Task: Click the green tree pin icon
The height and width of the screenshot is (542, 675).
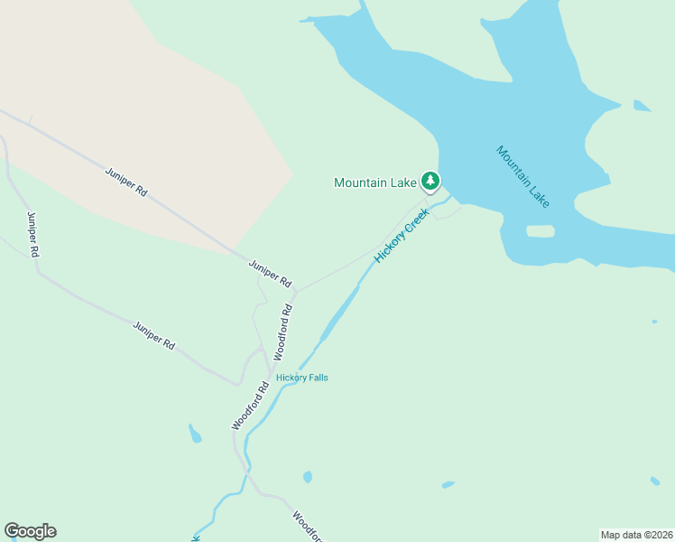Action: tap(431, 182)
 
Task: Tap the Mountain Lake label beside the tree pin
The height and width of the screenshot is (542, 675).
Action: tap(374, 182)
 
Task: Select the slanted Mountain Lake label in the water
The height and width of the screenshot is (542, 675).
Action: tap(522, 176)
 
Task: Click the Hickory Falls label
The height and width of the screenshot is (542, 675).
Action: tap(302, 378)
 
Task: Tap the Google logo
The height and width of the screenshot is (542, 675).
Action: tap(30, 531)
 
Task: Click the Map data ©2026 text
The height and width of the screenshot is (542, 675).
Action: tap(636, 534)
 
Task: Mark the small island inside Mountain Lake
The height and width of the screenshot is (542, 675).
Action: tap(540, 231)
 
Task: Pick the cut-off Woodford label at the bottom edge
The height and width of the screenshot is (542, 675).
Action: tap(308, 526)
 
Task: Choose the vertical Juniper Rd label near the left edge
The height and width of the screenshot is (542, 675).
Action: tap(33, 235)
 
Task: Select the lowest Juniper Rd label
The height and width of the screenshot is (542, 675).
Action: tap(153, 335)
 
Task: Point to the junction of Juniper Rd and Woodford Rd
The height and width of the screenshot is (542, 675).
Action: tap(295, 292)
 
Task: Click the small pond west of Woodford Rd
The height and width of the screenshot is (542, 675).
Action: tap(195, 435)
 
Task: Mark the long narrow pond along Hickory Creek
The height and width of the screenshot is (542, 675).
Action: tap(339, 313)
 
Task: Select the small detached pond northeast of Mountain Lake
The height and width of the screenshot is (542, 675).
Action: tap(642, 106)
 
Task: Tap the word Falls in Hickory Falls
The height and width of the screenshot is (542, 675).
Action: tap(316, 378)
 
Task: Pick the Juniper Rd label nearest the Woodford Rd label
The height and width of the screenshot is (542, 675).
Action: tap(270, 273)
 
